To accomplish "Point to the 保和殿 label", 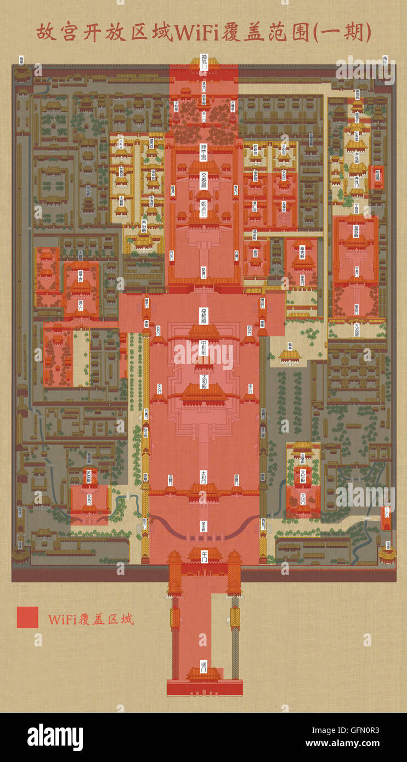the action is tap(204, 315).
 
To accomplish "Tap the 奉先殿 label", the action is tap(302, 255).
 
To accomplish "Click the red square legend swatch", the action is tap(27, 617).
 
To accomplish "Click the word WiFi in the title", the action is tap(195, 33).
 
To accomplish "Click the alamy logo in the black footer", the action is tap(55, 737).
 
